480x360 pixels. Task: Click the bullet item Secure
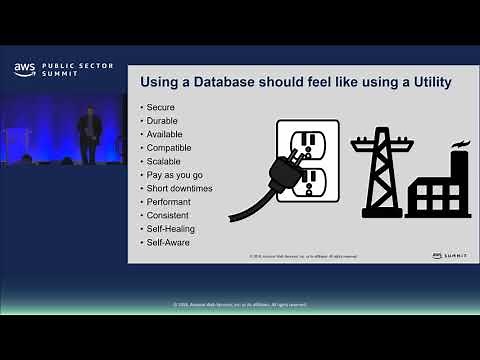pyautogui.click(x=158, y=107)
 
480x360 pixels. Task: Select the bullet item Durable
pyautogui.click(x=159, y=120)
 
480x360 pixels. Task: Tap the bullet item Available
pyautogui.click(x=162, y=134)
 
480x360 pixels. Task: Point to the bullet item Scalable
pyautogui.click(x=162, y=161)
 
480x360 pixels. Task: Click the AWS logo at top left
pyautogui.click(x=24, y=70)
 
